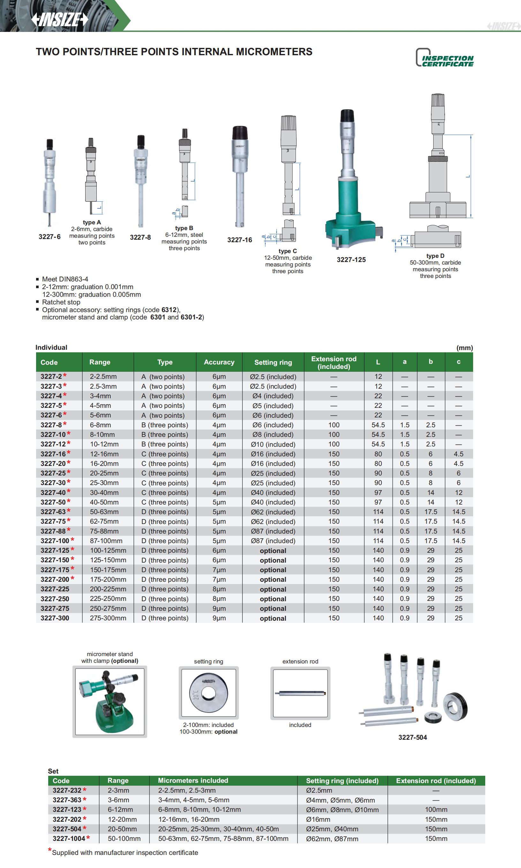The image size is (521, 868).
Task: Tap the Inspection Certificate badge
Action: (x=445, y=58)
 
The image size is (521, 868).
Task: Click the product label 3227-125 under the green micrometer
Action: (x=351, y=260)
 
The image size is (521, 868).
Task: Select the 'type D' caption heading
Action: (x=435, y=256)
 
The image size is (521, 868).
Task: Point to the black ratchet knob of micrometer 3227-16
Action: (x=240, y=133)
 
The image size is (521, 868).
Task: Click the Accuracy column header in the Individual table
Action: (x=219, y=362)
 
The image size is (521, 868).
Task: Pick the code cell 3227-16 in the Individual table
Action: (x=53, y=454)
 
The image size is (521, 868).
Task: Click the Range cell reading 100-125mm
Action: (x=108, y=550)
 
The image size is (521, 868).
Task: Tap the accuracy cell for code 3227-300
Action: (x=219, y=618)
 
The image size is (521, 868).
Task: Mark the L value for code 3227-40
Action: (x=378, y=492)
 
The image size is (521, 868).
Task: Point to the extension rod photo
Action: (x=300, y=693)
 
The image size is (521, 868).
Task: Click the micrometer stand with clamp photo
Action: (x=109, y=701)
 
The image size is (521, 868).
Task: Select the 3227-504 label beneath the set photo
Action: (x=412, y=737)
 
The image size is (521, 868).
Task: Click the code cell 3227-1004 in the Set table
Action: (x=69, y=838)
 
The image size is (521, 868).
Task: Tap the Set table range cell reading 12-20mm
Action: (x=122, y=819)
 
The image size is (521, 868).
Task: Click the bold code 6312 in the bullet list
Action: (x=169, y=310)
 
